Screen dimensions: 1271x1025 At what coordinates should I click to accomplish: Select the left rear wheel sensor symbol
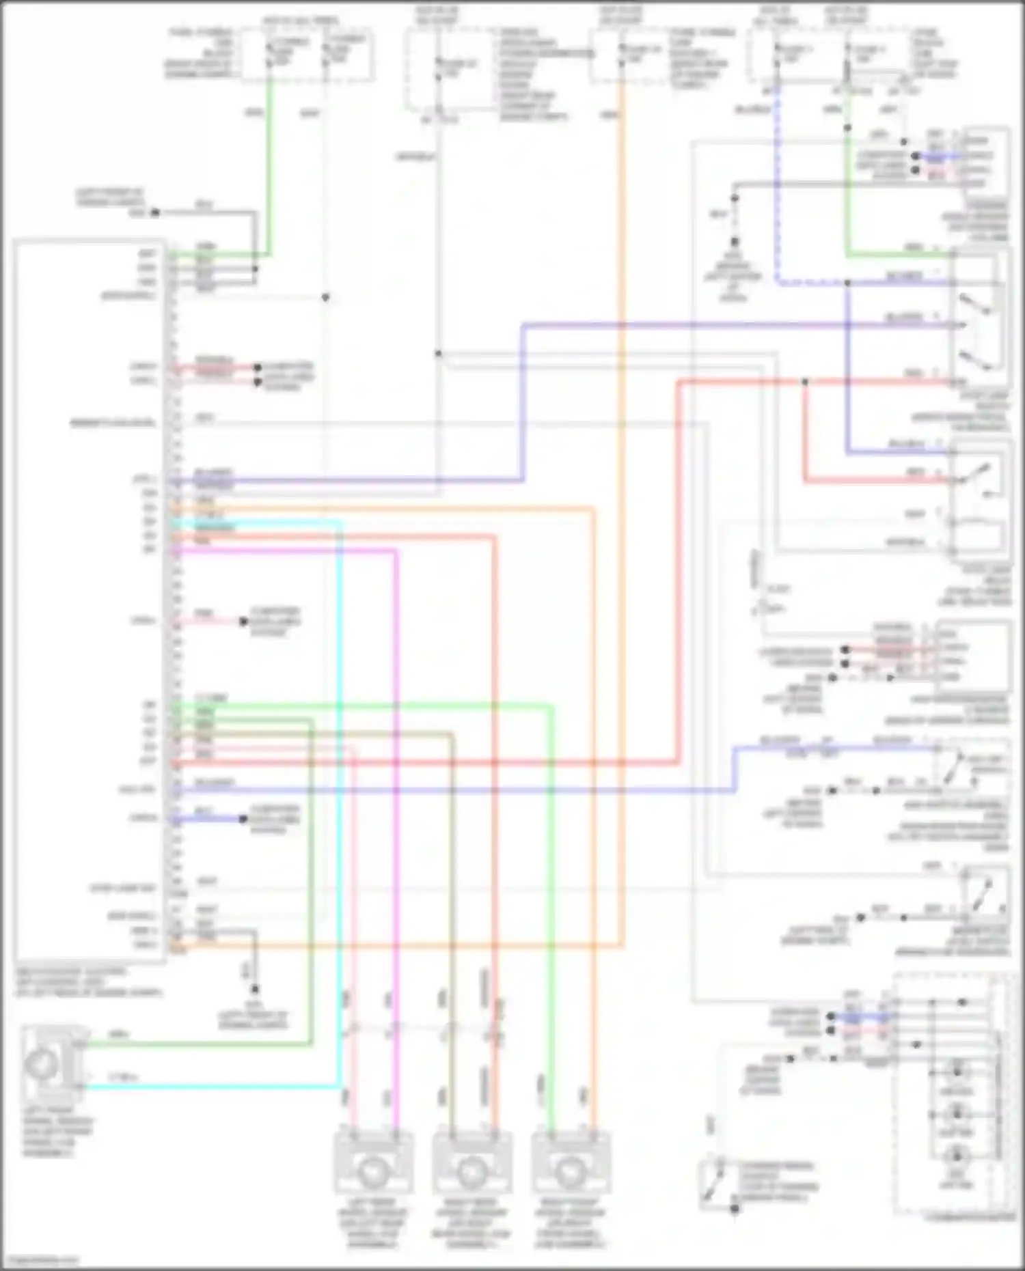tap(372, 1171)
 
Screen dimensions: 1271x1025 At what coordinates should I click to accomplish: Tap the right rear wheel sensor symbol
tap(471, 1171)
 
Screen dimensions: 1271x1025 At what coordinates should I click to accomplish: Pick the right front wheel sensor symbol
tap(571, 1171)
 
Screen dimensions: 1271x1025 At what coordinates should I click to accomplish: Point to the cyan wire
tap(340, 820)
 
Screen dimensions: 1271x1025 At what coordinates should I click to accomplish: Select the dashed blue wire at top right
tap(777, 205)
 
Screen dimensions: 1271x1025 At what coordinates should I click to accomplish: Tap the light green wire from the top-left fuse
tap(269, 171)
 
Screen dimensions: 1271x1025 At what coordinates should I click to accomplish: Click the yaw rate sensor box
tap(974, 656)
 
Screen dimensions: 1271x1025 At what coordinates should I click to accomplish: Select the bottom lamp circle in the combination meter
tap(957, 1156)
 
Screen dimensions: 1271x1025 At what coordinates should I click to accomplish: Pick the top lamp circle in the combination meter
tap(957, 1070)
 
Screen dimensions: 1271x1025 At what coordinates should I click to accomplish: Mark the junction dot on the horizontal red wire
tap(805, 382)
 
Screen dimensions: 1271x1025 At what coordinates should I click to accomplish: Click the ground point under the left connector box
tap(254, 990)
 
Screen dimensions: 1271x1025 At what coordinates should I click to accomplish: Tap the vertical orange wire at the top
tap(622, 273)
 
